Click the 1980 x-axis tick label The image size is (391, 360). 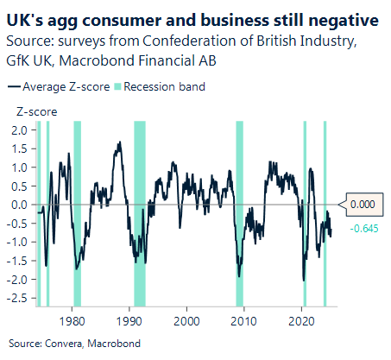click(73, 318)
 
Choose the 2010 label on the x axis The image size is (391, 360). click(245, 318)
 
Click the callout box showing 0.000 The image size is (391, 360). click(362, 205)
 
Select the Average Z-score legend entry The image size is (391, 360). click(54, 86)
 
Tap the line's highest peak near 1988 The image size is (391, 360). click(118, 143)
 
